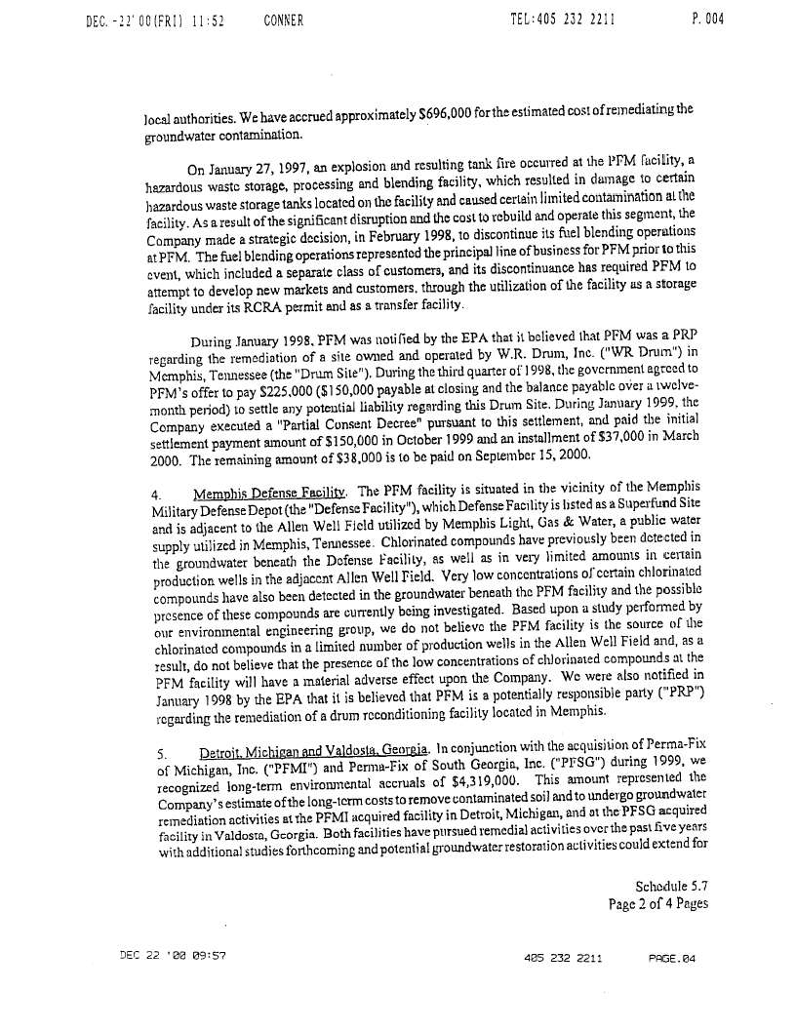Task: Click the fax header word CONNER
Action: [284, 20]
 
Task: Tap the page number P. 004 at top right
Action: [706, 20]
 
